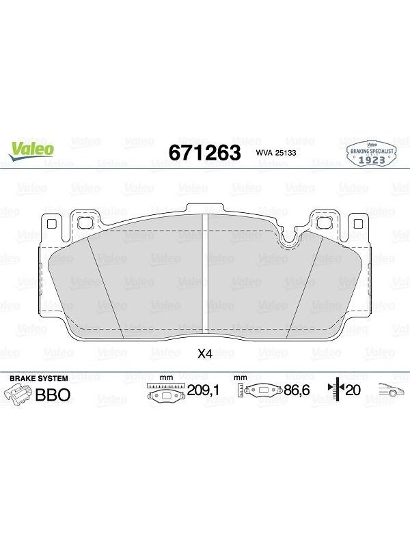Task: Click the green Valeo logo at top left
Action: [x=31, y=151]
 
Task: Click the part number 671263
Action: [x=204, y=153]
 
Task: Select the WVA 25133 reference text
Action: [x=276, y=153]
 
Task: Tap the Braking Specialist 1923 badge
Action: [x=372, y=154]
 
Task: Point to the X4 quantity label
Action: [x=204, y=354]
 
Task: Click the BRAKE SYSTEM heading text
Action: [x=39, y=378]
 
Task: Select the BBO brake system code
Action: [x=53, y=395]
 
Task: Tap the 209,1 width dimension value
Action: [x=203, y=390]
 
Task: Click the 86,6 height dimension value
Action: [x=297, y=390]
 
